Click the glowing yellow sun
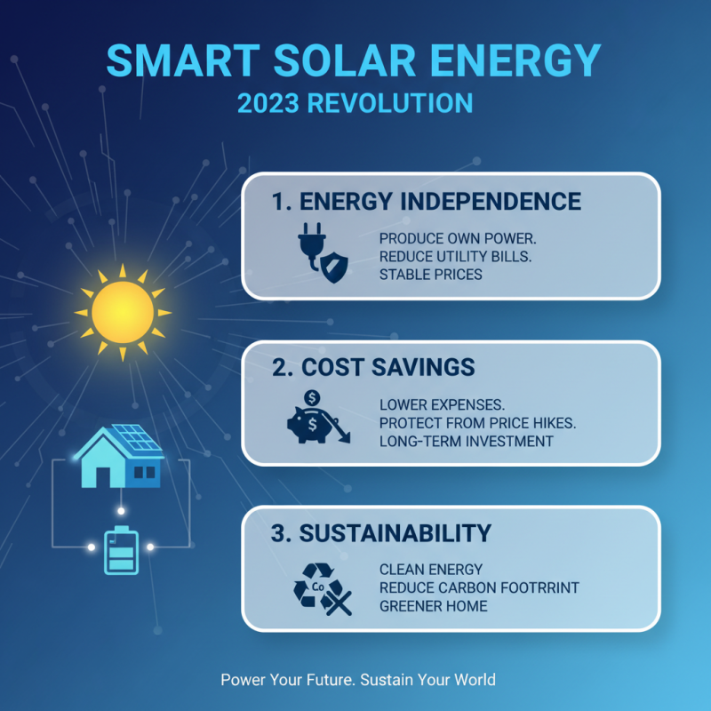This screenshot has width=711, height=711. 122,312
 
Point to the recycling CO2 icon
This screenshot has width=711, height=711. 322,589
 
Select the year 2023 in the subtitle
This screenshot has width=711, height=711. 268,103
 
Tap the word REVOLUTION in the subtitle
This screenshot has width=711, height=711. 390,103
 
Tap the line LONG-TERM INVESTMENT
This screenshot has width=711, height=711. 466,441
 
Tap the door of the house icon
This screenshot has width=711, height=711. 99,475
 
